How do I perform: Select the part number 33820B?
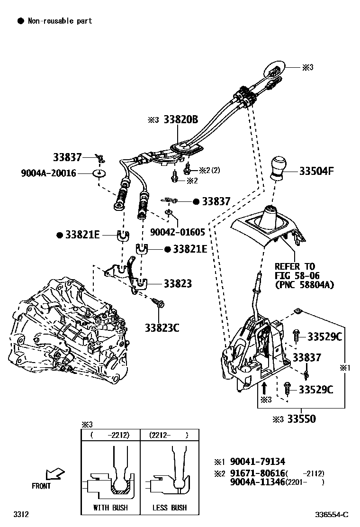180,119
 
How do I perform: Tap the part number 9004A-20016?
48,173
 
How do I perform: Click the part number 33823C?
162,327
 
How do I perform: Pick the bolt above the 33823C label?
158,301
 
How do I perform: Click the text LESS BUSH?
170,508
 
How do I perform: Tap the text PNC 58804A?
304,285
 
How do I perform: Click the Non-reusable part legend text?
60,21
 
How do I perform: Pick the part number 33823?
178,284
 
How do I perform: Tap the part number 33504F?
316,171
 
